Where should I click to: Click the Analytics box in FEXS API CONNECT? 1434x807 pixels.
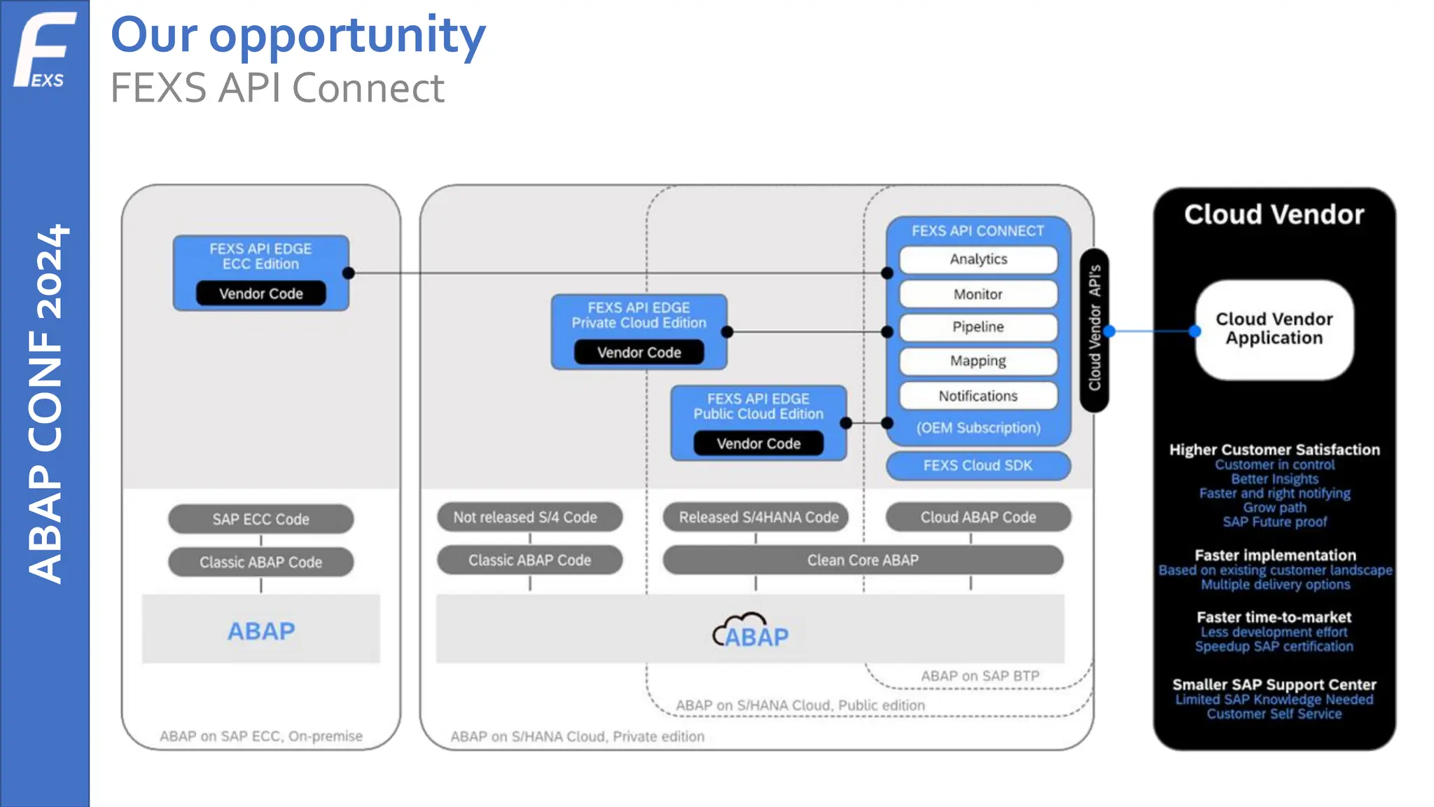[978, 259]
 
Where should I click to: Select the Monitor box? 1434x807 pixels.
[978, 294]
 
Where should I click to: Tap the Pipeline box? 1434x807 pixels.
[978, 327]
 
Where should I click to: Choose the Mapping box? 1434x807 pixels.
[978, 361]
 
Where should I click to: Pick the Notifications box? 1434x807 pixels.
[978, 396]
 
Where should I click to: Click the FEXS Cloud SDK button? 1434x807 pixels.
[978, 466]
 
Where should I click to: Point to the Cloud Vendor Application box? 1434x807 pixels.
[1274, 329]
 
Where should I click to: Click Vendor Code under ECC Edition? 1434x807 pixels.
[261, 294]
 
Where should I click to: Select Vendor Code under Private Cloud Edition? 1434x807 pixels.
[639, 352]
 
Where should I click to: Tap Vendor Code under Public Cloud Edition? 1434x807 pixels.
[758, 443]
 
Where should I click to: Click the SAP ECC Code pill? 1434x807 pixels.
[261, 519]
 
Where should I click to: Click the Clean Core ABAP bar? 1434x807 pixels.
[863, 560]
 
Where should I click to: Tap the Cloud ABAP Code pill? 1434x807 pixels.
[978, 517]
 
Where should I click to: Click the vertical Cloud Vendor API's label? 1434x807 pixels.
[1094, 329]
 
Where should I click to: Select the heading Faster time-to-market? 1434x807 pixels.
[1274, 617]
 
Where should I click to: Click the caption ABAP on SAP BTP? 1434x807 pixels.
[980, 676]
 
